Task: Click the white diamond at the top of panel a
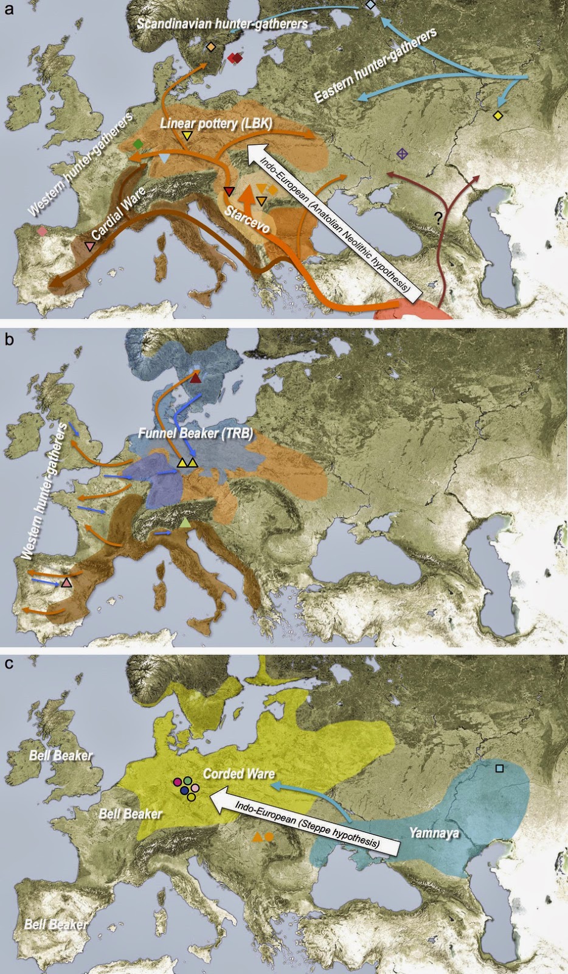click(370, 5)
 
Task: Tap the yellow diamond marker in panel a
click(498, 116)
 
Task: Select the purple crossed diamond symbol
click(401, 154)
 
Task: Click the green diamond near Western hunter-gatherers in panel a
click(139, 144)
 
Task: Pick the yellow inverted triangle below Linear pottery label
click(188, 136)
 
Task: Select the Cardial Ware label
click(119, 214)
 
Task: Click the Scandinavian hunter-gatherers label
click(222, 24)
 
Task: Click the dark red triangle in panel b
click(195, 379)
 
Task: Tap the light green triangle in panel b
click(185, 523)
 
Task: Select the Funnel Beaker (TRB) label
click(195, 433)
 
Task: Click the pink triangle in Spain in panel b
click(66, 583)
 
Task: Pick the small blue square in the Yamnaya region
click(499, 768)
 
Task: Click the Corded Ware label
click(238, 774)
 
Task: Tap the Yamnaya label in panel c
click(434, 832)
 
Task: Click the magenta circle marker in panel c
click(178, 782)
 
